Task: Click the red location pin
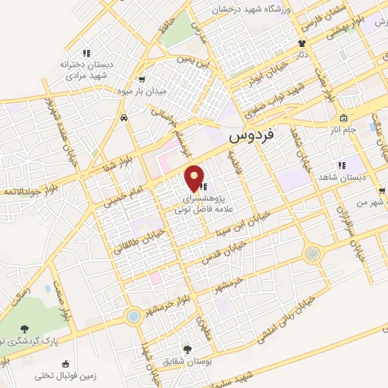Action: (196, 177)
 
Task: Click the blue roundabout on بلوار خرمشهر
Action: (133, 315)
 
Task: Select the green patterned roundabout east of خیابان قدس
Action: (311, 253)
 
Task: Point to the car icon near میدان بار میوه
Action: (123, 118)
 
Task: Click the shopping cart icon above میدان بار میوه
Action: (142, 79)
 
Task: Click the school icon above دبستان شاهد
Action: (341, 164)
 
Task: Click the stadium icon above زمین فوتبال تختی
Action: (37, 374)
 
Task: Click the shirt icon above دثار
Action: (302, 43)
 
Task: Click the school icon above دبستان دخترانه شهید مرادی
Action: (86, 53)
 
